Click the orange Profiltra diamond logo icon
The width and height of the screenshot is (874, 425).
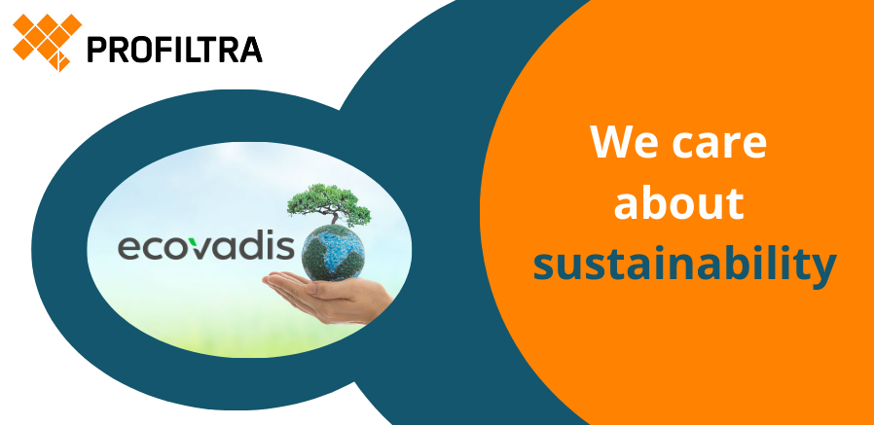(47, 41)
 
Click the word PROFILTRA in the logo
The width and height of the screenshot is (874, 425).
(174, 49)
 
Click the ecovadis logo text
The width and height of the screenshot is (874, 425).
(205, 248)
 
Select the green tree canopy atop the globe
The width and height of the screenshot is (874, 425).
(328, 202)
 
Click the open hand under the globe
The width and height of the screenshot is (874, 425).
(328, 297)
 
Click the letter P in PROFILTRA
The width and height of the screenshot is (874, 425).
(96, 50)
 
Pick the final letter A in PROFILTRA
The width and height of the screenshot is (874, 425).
(251, 50)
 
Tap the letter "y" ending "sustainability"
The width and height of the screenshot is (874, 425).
(824, 271)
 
